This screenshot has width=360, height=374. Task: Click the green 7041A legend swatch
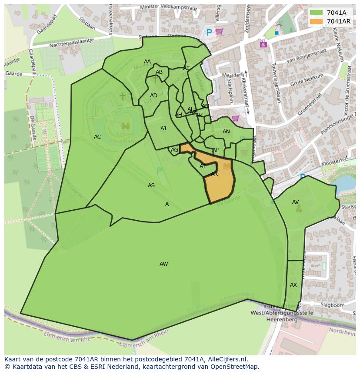(316, 13)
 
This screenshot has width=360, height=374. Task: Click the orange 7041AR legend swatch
(316, 21)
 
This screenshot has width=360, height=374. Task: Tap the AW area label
(163, 264)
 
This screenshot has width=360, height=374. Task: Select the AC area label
(97, 137)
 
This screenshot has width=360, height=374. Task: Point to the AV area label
(296, 202)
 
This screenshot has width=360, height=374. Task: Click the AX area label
(293, 285)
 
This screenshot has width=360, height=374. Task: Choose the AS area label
(151, 185)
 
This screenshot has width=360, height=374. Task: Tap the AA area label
(147, 62)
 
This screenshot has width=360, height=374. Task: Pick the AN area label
(226, 132)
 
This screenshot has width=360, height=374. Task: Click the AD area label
(153, 96)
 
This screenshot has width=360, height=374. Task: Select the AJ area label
(163, 129)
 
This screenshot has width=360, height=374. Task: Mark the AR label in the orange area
(214, 174)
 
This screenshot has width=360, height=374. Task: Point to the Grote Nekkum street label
(307, 80)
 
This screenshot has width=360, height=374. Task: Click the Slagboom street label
(332, 305)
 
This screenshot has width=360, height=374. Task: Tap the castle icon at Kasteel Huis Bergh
(126, 126)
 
